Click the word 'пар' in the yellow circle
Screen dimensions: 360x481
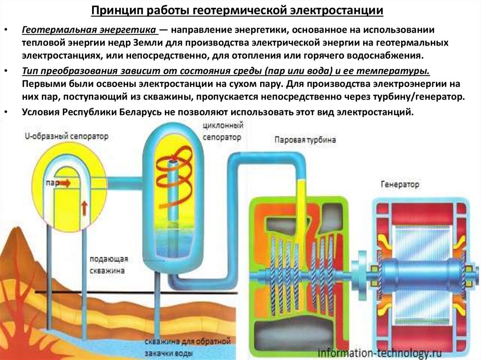pos(52,183)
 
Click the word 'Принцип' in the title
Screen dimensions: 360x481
pos(113,10)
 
